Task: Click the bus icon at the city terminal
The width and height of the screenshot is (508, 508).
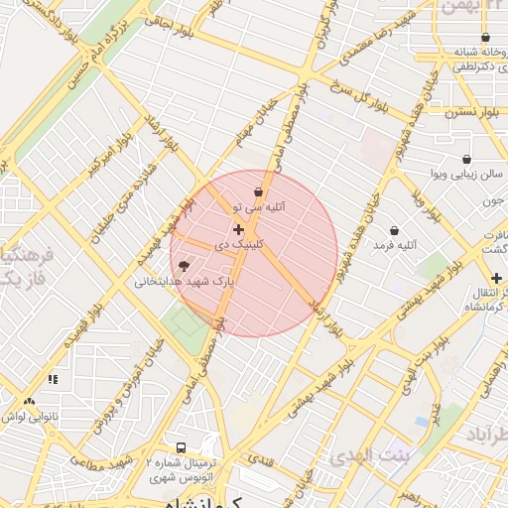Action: point(181,448)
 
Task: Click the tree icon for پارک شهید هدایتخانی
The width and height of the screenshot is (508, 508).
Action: point(184,265)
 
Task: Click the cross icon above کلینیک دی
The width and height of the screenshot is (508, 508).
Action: point(239,229)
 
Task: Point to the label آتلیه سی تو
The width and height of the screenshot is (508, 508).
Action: point(259,208)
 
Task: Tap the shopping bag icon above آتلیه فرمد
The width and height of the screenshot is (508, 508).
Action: point(395,230)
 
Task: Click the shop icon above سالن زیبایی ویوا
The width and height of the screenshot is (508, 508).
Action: point(466,159)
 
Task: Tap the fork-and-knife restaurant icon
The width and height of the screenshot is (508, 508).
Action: point(53,378)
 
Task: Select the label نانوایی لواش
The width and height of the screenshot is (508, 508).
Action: point(26,417)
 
